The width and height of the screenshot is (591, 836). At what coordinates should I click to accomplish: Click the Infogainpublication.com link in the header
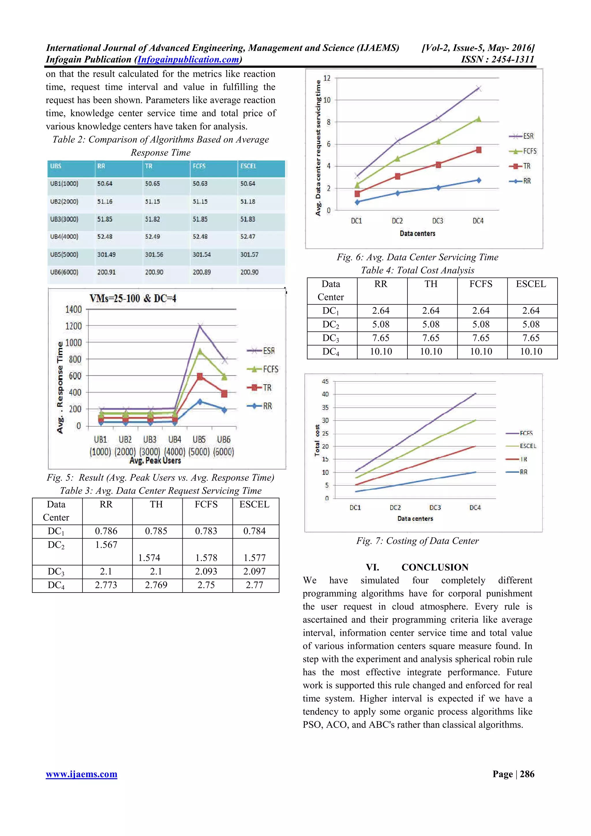click(x=188, y=60)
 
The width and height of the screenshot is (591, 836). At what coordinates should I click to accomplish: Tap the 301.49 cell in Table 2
click(x=106, y=254)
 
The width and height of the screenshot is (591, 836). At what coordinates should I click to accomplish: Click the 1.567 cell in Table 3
click(x=106, y=545)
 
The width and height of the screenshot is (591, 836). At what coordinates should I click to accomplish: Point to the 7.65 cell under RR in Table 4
click(x=381, y=338)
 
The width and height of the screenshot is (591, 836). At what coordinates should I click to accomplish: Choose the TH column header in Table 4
click(x=431, y=284)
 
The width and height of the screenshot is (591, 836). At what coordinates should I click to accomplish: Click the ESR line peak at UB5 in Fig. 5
click(x=199, y=325)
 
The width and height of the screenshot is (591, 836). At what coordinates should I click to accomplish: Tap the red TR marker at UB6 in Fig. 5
click(x=224, y=393)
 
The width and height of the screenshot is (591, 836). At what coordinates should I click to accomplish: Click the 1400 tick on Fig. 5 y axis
click(x=74, y=310)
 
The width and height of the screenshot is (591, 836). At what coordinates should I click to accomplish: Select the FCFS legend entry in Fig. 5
click(x=263, y=369)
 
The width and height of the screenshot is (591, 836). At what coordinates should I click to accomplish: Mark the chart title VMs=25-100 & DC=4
click(x=133, y=299)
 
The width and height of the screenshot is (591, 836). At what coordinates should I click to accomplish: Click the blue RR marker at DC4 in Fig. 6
click(x=478, y=180)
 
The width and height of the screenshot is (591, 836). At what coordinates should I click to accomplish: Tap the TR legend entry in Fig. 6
click(x=521, y=166)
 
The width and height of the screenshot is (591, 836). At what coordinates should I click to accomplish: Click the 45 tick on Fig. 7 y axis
click(x=325, y=382)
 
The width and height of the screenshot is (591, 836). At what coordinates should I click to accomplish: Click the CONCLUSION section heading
click(x=435, y=567)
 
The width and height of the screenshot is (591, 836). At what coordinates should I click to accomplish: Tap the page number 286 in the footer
click(x=527, y=774)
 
